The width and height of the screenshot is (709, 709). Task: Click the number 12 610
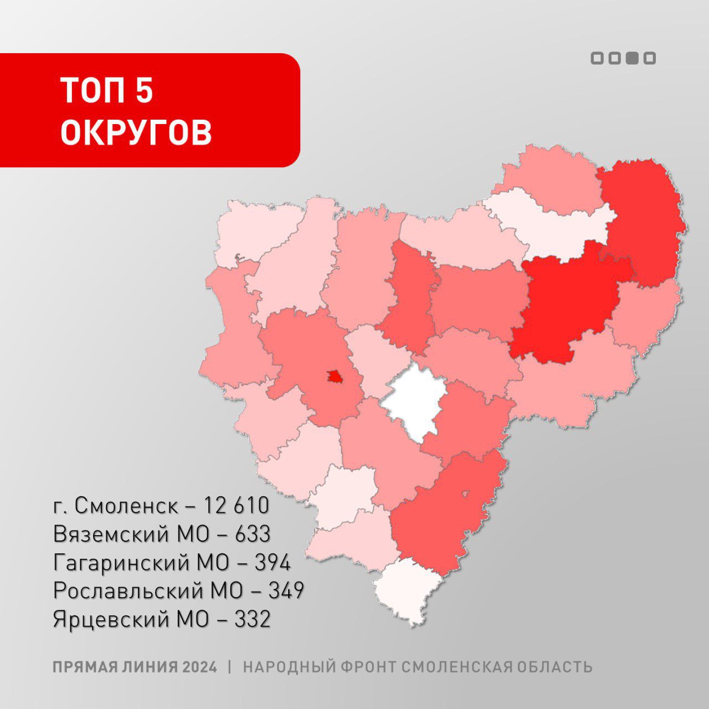(x=236, y=505)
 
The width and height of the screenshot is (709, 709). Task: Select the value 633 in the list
(x=253, y=534)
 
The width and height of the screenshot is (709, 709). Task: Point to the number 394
(x=272, y=563)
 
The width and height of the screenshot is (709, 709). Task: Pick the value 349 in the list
(x=286, y=591)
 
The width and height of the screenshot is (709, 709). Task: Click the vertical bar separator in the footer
(x=230, y=667)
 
